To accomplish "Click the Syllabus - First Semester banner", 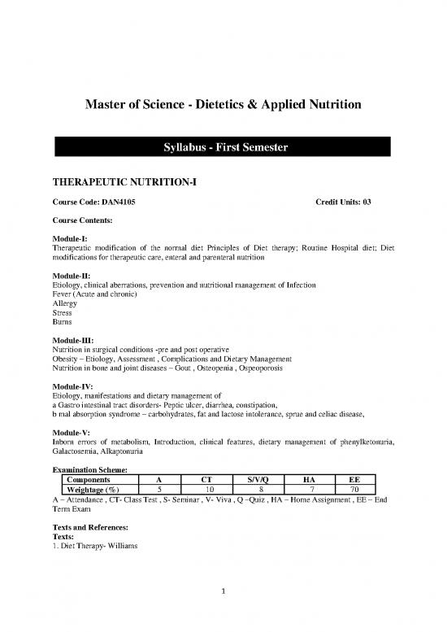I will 223,147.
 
